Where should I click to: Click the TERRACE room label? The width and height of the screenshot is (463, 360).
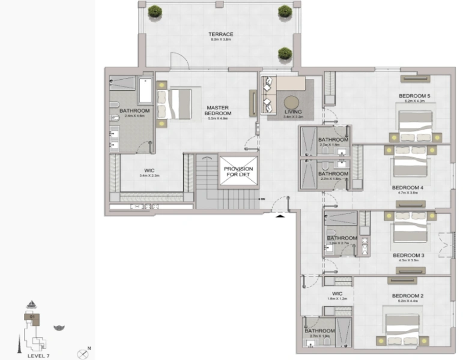220,35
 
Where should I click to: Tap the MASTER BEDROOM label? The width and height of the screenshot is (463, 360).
218,111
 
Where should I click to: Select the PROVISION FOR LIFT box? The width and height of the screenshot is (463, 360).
238,173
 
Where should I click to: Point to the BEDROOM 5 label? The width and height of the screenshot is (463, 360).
414,96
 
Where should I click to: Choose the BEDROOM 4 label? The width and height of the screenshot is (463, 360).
408,188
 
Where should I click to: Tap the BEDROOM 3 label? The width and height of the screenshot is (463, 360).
408,256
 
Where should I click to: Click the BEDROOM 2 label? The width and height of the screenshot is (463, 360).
408,296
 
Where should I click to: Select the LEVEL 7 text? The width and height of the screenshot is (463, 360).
39,355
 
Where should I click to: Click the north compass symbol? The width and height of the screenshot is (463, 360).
83,353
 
